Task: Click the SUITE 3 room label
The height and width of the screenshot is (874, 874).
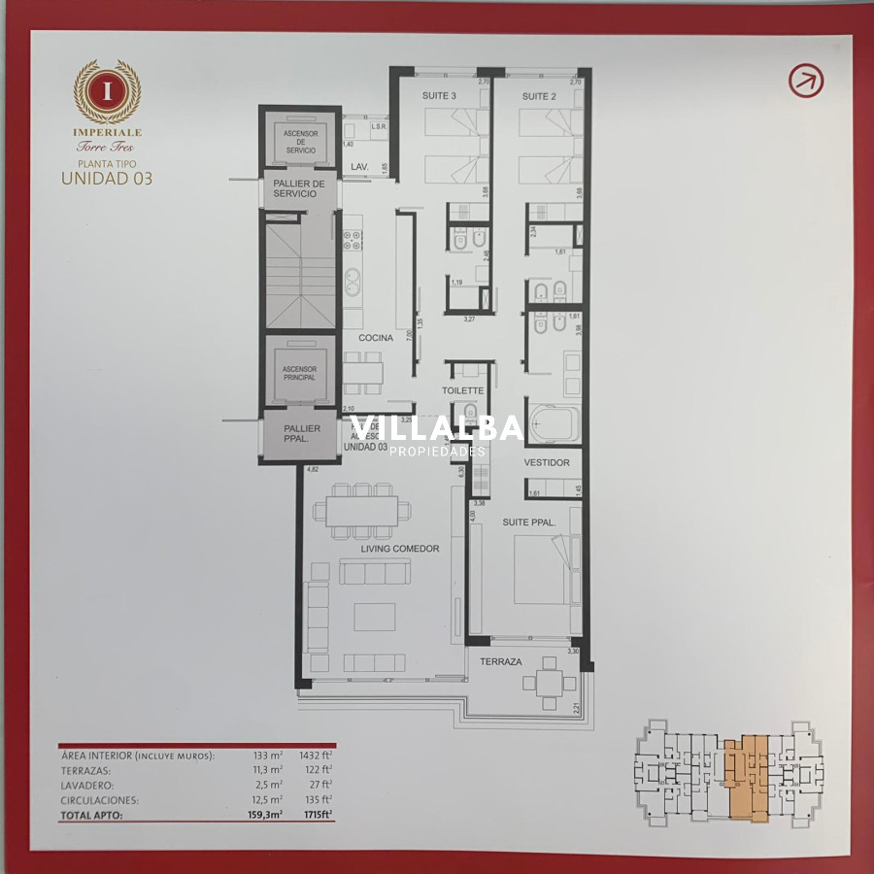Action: coord(439,96)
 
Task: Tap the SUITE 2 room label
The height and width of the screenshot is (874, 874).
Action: coord(539,96)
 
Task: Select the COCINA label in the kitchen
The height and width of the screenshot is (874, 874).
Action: coord(376,338)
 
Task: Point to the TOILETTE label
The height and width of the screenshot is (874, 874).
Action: coord(462,391)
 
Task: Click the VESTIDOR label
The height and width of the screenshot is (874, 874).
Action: coord(547,462)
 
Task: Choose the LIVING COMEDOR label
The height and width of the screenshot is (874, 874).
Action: coord(400,549)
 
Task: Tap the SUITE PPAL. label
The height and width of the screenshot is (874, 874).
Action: coord(528,522)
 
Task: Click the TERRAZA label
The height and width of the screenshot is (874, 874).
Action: coord(501,661)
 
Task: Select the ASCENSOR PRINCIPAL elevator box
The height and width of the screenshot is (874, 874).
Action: coord(299,372)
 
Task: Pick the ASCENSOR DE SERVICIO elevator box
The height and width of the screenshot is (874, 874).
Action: coord(299,140)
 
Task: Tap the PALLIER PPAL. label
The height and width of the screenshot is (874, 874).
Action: coord(302,434)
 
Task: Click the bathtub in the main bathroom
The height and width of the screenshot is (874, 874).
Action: coord(553,424)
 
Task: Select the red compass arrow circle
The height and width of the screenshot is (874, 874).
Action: coord(805,81)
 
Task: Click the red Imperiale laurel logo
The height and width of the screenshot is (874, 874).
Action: coord(107,91)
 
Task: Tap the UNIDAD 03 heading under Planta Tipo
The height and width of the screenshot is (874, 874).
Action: coord(107,178)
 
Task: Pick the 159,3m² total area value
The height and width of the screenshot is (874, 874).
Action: coord(265,816)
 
